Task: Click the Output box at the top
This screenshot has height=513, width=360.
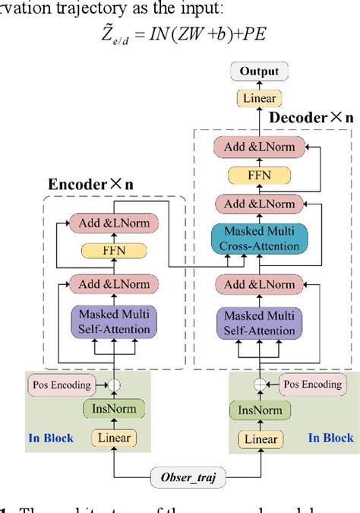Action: coord(260,72)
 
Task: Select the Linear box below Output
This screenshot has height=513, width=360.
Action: coord(260,98)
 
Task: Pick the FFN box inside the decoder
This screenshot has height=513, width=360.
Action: coord(260,176)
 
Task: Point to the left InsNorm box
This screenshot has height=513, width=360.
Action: coord(114,410)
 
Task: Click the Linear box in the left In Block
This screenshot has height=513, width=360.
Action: coord(114,438)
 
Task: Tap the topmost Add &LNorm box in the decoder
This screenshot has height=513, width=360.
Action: coord(260,147)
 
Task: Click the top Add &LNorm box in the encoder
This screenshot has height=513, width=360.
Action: coord(115,224)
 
